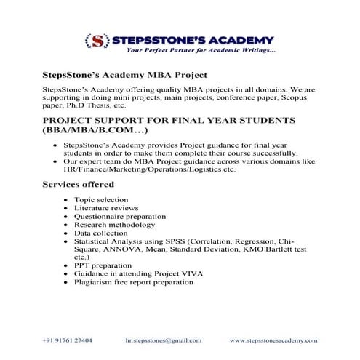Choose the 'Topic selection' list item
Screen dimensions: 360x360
click(x=101, y=199)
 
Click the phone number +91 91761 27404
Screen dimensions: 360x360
click(x=68, y=340)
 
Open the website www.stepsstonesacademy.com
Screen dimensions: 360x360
click(x=273, y=340)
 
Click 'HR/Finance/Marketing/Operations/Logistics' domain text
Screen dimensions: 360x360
click(x=145, y=169)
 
